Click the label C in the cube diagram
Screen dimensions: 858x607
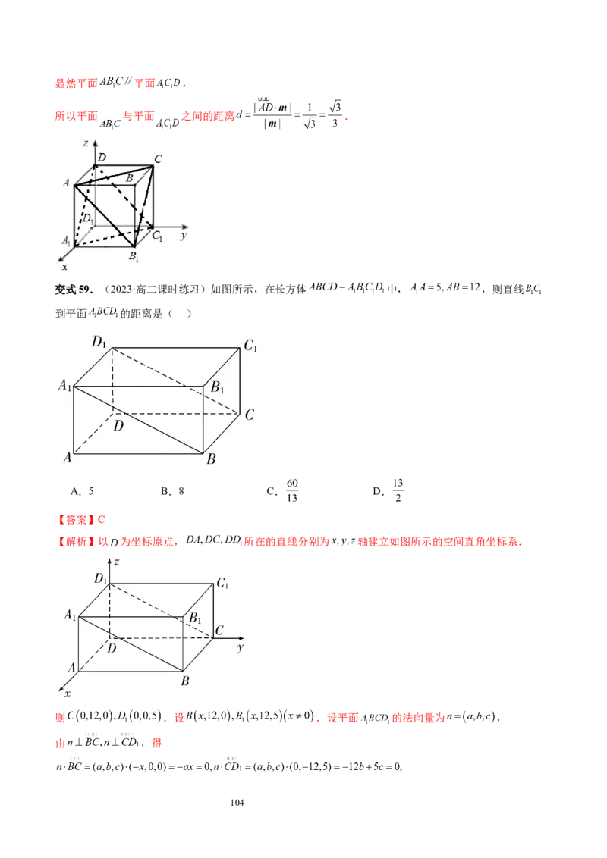pyautogui.click(x=158, y=158)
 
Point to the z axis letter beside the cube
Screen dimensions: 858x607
pyautogui.click(x=87, y=142)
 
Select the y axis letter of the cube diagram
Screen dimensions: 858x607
pyautogui.click(x=184, y=236)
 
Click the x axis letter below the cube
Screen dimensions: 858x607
pyautogui.click(x=64, y=267)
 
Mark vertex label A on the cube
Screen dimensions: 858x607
pyautogui.click(x=68, y=183)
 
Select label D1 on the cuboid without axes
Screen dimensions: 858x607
pyautogui.click(x=99, y=342)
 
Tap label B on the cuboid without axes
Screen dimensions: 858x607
pyautogui.click(x=212, y=459)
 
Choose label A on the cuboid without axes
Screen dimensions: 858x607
pyautogui.click(x=67, y=458)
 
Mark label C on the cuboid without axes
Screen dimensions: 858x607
pyautogui.click(x=249, y=415)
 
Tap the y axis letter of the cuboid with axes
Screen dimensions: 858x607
pyautogui.click(x=239, y=649)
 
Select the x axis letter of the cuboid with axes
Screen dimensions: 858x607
pyautogui.click(x=67, y=694)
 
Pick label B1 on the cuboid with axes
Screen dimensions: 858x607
pyautogui.click(x=195, y=618)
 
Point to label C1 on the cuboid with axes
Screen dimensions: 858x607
pyautogui.click(x=222, y=584)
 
